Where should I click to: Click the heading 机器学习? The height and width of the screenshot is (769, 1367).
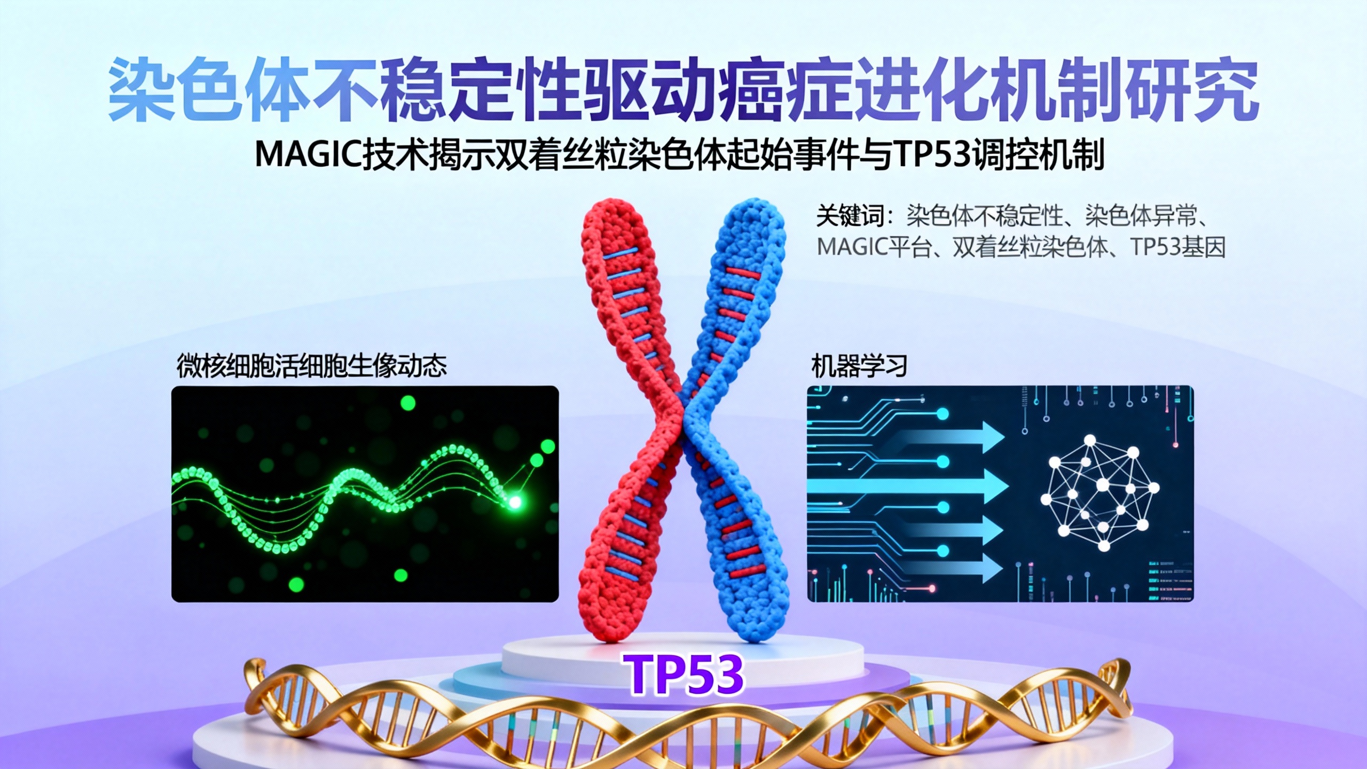coord(859,367)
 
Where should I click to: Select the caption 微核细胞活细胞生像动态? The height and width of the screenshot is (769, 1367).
coord(311,367)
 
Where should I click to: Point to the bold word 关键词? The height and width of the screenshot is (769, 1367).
coord(850,217)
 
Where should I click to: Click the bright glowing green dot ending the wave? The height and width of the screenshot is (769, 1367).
coord(515,502)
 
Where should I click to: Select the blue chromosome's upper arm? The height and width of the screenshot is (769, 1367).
coord(748,267)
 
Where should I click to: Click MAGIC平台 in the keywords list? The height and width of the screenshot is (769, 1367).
coord(874,247)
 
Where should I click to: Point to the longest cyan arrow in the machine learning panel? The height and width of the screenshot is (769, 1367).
coord(908,486)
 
